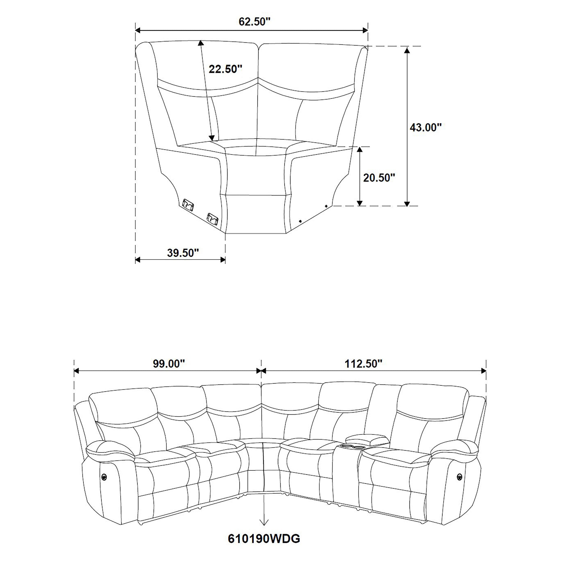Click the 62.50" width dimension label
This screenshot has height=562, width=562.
point(254,22)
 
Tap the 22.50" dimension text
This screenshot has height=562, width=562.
point(225,69)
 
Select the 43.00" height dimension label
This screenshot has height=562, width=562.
point(426,127)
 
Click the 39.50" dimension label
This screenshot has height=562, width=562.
point(183,253)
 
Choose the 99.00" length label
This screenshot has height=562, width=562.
point(169,364)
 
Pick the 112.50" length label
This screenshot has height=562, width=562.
point(363,364)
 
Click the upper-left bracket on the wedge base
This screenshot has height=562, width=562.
point(188,204)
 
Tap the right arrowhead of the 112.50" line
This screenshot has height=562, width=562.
point(484,371)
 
